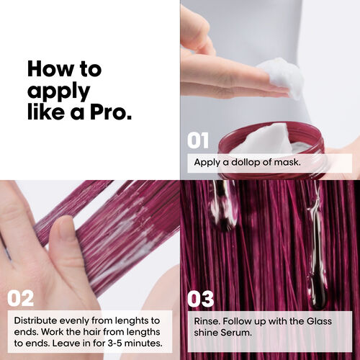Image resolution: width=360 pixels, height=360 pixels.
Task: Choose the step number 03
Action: [201, 297]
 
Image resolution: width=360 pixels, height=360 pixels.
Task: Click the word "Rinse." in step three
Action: [209, 320]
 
